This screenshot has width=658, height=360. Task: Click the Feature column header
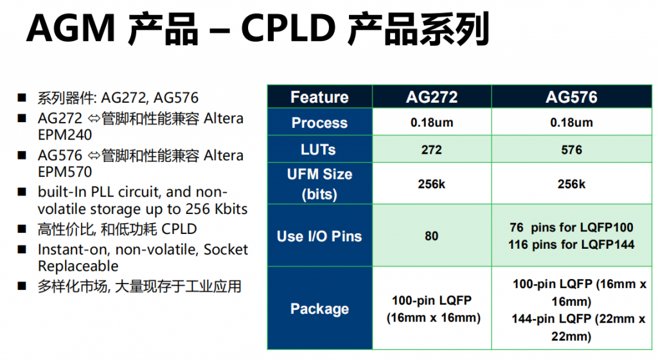[319, 97]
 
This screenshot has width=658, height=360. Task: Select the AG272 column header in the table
[432, 97]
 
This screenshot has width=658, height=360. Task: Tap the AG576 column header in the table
[571, 97]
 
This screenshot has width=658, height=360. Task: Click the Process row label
[319, 123]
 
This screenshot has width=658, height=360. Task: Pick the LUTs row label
[318, 149]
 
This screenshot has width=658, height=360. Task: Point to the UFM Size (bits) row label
[319, 184]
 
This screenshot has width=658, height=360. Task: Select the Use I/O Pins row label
[319, 236]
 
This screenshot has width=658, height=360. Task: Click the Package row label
[319, 309]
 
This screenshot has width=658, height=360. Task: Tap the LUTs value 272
[432, 150]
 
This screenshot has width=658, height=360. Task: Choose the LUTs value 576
[571, 150]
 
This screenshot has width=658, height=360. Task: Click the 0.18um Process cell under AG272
[432, 123]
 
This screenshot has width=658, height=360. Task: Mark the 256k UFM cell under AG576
[571, 184]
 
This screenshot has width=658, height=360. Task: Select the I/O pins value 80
[431, 236]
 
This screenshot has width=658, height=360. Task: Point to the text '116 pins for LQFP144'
[571, 244]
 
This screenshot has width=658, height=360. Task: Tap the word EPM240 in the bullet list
[65, 135]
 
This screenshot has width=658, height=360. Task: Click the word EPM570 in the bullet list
[65, 172]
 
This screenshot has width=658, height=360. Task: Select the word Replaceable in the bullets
[78, 266]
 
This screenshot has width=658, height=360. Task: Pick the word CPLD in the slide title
[289, 28]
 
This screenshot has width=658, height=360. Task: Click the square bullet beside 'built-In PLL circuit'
[22, 192]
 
